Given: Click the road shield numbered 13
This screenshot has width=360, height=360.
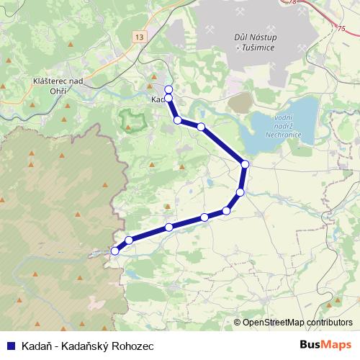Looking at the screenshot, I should click(x=138, y=36).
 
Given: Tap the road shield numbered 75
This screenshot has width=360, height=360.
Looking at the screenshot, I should click(x=341, y=29).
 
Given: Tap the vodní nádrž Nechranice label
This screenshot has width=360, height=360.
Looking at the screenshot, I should click(x=282, y=127).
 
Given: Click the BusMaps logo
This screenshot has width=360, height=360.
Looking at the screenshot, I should click(x=325, y=345).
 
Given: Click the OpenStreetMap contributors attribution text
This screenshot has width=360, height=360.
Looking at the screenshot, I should click(x=293, y=323).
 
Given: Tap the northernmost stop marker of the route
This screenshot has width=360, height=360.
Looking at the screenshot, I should click(x=168, y=89).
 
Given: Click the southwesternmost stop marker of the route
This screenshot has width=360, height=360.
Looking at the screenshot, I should click(x=114, y=251).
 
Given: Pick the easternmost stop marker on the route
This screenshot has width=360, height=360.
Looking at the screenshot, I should click(x=245, y=165).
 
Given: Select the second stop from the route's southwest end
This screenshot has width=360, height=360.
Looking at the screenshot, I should click(x=129, y=240).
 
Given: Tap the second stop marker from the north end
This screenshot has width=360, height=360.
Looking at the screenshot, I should click(x=168, y=98).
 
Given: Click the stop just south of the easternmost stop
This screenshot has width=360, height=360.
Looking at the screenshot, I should click(x=240, y=192).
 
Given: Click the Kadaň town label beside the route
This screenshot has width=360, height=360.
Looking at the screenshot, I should click(x=158, y=100).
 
